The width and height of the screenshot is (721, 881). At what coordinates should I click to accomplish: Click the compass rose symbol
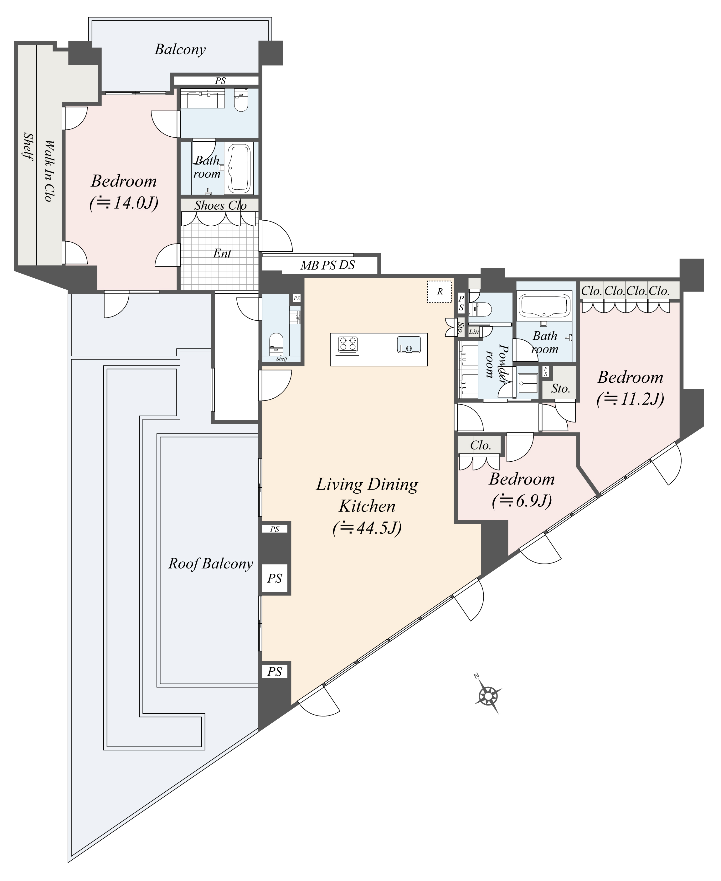(x=488, y=695)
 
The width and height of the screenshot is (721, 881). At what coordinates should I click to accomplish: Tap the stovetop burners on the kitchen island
(x=348, y=344)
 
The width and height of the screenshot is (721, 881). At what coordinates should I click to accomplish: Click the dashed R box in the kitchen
(x=440, y=291)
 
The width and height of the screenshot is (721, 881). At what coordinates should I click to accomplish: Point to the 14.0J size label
(x=124, y=203)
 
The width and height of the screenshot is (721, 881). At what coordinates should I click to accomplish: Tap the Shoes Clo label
(x=220, y=205)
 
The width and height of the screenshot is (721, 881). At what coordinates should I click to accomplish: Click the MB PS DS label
(x=328, y=265)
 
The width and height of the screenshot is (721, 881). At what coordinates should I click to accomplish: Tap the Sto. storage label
(x=560, y=389)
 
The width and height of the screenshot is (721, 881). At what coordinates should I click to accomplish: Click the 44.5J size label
(x=367, y=528)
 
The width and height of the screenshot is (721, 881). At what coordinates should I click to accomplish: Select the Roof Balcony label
(x=211, y=564)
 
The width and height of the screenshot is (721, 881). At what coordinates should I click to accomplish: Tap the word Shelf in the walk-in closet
(x=28, y=146)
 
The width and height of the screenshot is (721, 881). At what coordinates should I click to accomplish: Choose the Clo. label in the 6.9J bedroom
(x=481, y=446)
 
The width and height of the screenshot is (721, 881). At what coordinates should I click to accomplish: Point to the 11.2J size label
(x=630, y=399)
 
